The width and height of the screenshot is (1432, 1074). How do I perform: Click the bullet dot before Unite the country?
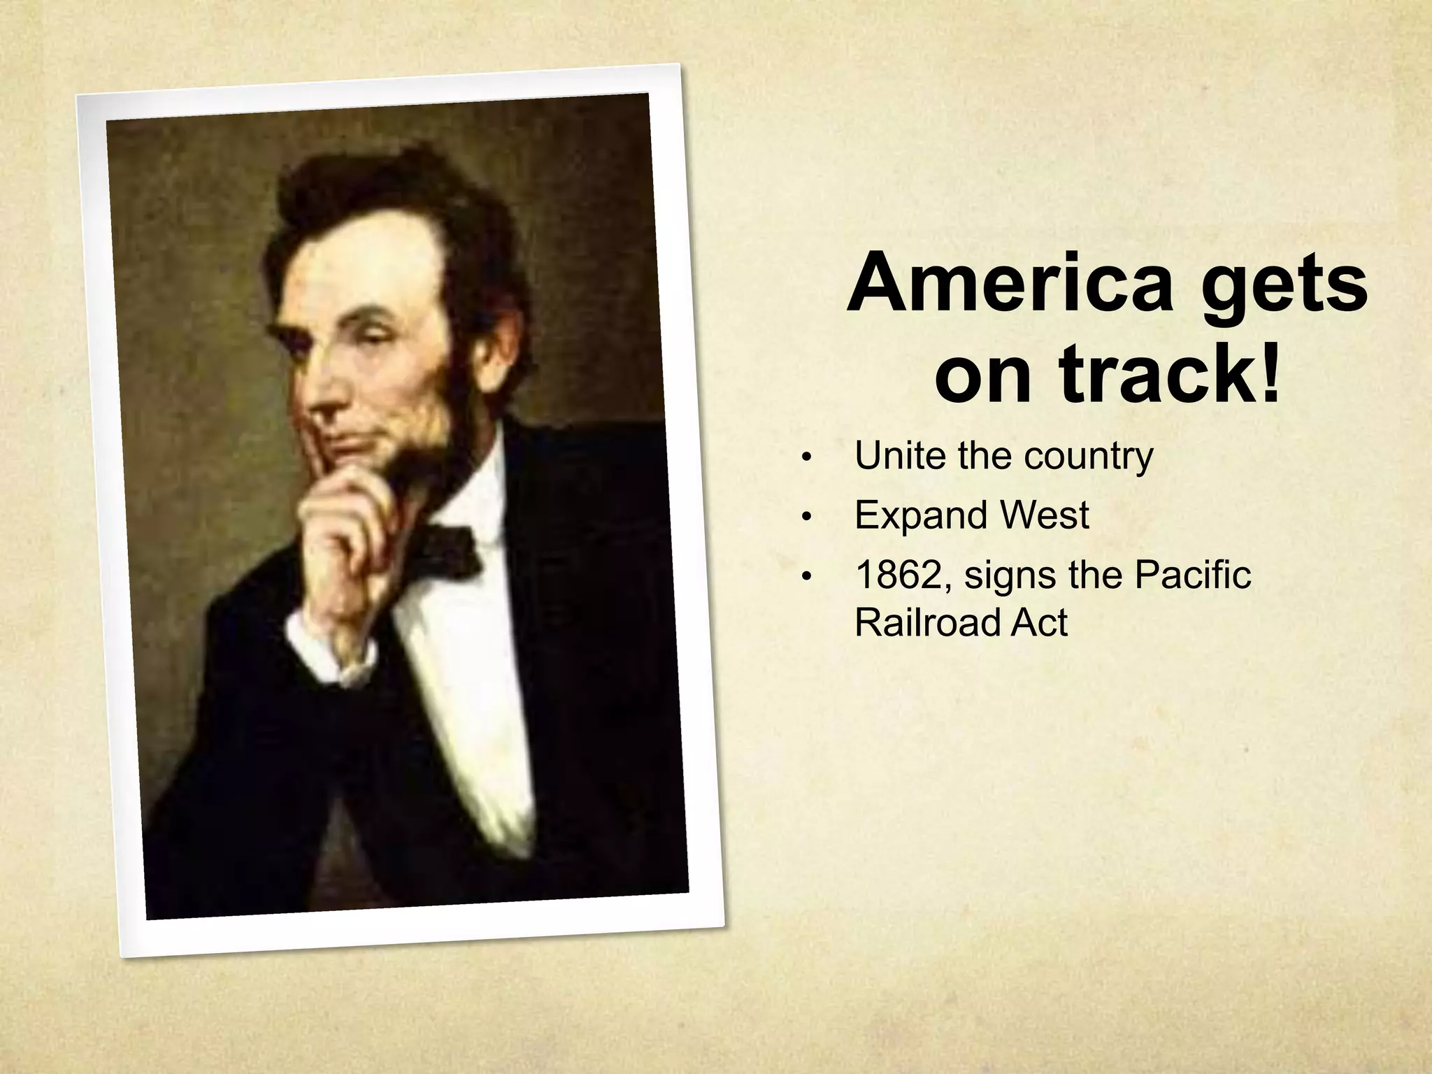point(806,459)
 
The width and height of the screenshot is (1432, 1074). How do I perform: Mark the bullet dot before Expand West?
point(806,518)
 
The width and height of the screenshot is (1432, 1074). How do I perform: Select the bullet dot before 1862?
point(806,578)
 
